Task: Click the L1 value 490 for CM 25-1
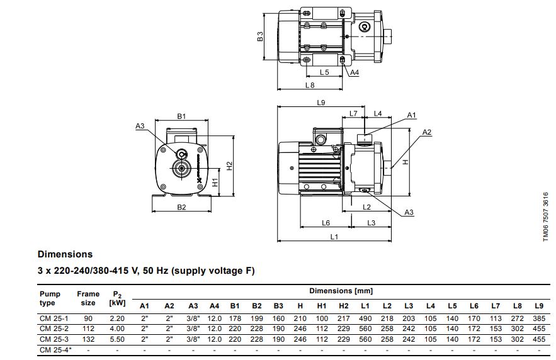[365, 319]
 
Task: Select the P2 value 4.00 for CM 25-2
[116, 329]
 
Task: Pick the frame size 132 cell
[88, 338]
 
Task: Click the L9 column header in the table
[538, 306]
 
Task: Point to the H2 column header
[344, 306]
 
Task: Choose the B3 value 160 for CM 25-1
[278, 319]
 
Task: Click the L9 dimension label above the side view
[321, 103]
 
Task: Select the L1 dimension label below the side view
[334, 237]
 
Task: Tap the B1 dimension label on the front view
[181, 116]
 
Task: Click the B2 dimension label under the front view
[181, 207]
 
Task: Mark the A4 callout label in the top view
[355, 73]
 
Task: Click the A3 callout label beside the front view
[140, 127]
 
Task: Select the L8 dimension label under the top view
[309, 84]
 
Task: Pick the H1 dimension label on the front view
[215, 182]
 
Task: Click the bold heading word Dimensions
[65, 255]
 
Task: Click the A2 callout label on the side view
[427, 132]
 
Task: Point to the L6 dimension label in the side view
[326, 223]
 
